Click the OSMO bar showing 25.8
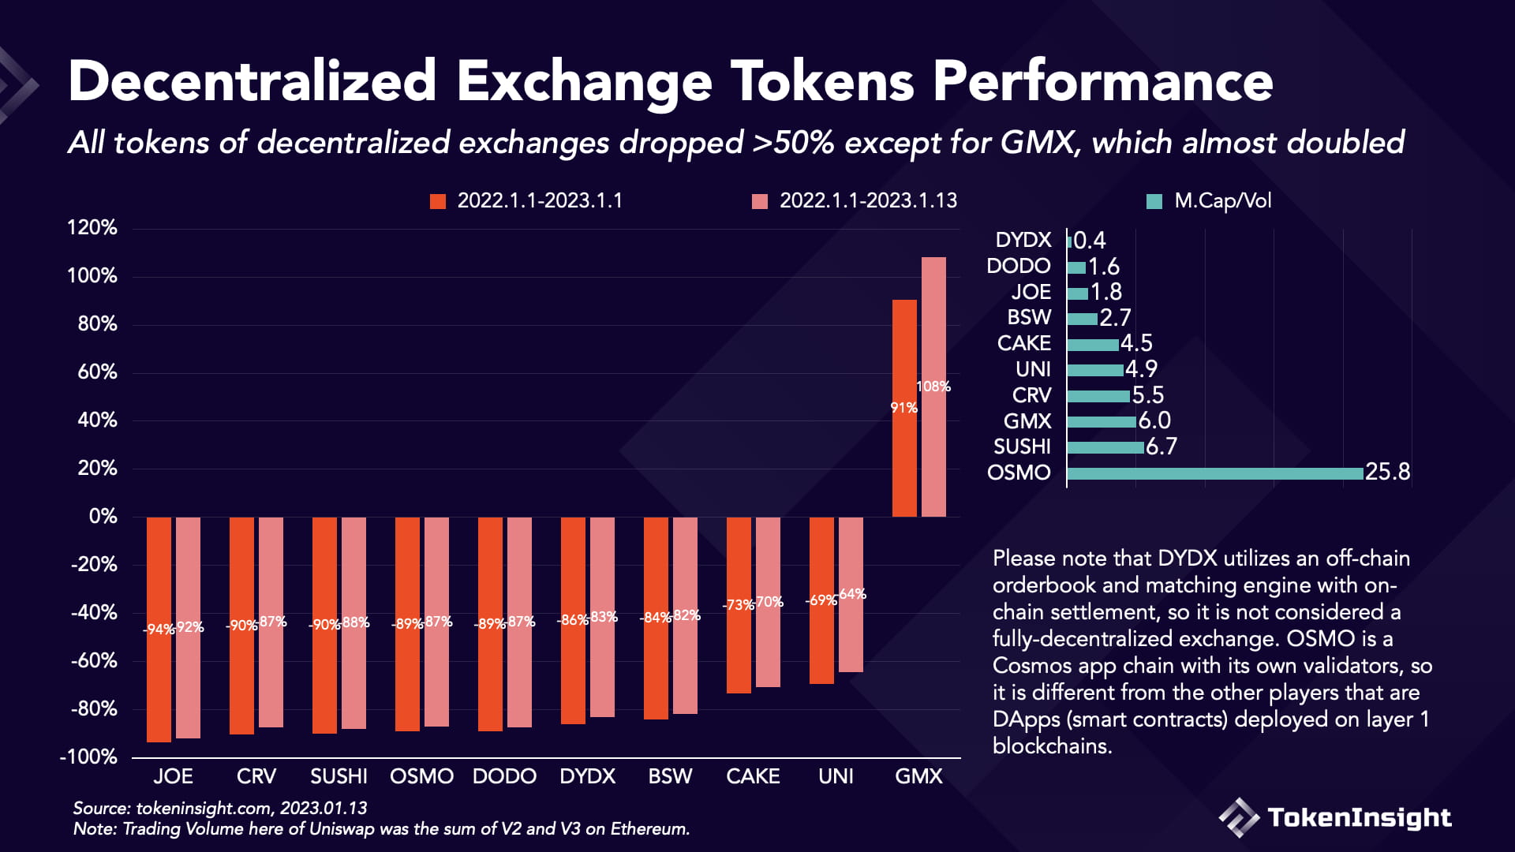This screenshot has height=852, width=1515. coord(1214,473)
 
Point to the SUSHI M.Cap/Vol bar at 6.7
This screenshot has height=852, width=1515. coord(1105,447)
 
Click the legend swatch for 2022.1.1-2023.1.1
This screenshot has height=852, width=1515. coord(438,201)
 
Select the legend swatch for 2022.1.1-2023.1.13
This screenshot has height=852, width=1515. coord(760,201)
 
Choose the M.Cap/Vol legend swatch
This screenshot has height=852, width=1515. coord(1154,201)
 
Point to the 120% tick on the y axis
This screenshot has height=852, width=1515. coord(92,228)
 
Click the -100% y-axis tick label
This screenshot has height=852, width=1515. coord(88,757)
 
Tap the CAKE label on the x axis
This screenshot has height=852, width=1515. coord(753,776)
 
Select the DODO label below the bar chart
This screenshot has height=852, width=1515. coord(504,776)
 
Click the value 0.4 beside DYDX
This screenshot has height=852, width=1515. coord(1090,241)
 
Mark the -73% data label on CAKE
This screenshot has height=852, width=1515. coord(739,605)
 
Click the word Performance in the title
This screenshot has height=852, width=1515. coord(1102,82)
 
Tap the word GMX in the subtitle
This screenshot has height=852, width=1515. coord(1038,143)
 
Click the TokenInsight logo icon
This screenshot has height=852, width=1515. coord(1238,817)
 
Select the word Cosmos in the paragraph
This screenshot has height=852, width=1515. coord(1032,666)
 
